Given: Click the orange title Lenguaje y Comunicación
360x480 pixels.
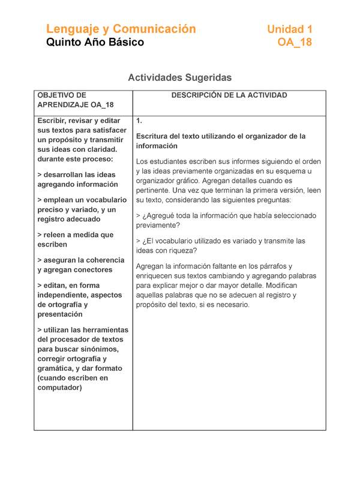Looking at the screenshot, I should coord(121,29).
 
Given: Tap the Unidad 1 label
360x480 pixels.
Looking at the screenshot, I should coord(289,29).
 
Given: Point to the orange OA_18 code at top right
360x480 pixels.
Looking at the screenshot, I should coord(295,43).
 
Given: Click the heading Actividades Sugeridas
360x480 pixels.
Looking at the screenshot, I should coord(179,77).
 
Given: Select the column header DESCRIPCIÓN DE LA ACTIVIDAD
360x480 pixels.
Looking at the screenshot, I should coord(229,95).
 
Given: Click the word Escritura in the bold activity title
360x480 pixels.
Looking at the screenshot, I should coord(155,136).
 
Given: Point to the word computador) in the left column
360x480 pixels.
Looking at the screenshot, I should coord(59,388).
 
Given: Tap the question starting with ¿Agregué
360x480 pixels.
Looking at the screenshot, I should coord(226,220).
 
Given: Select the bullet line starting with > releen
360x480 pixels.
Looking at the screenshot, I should coord(74,239).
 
